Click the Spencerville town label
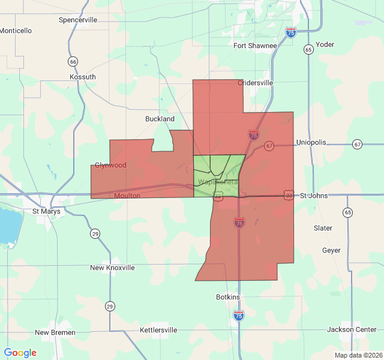pos(78,20)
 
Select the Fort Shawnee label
pos(255,46)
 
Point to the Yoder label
pos(325,44)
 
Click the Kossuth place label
pos(83,77)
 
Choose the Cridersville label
pos(256,83)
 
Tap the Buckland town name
pos(160,119)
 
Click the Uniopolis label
pos(311,142)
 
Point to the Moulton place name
pos(127,196)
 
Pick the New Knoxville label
pos(112,268)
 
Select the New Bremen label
pos(55,332)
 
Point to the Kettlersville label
pos(158,330)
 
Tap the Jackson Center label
pos(352,329)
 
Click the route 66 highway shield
pos(73,61)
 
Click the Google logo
pos(20,353)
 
